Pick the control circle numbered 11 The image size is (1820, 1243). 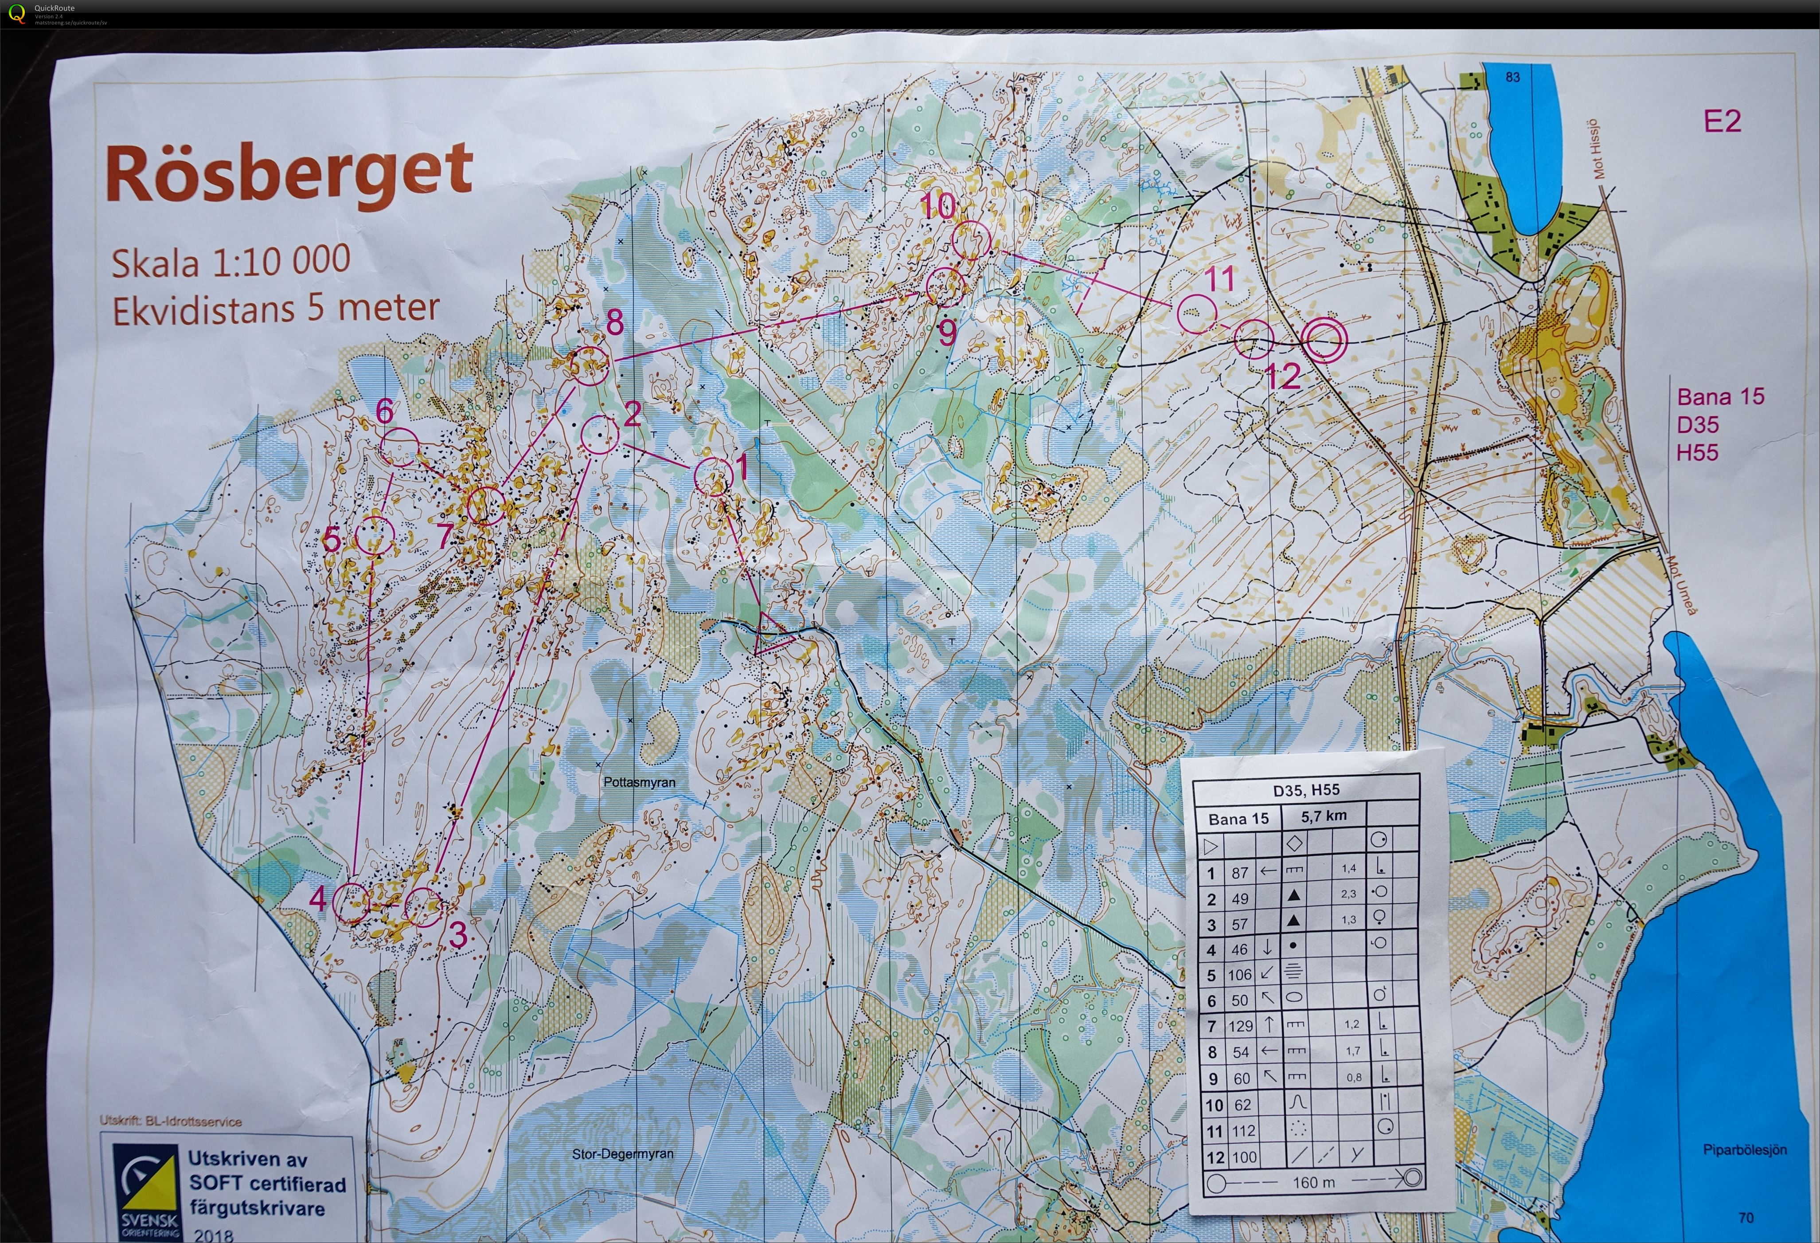point(1197,313)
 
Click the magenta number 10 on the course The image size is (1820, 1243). point(937,206)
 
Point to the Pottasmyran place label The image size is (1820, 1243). point(639,782)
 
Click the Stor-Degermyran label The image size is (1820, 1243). point(623,1154)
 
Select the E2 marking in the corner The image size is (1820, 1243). point(1722,122)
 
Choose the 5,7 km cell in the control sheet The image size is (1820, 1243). point(1324,816)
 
